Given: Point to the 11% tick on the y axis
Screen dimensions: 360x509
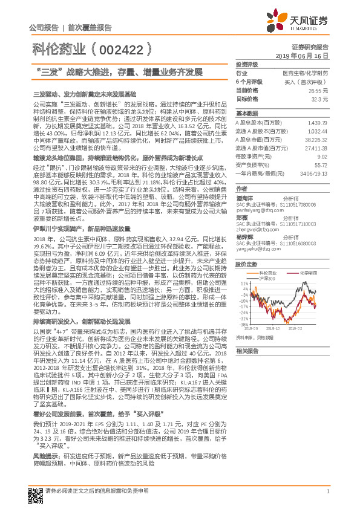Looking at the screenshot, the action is pos(244,283).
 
